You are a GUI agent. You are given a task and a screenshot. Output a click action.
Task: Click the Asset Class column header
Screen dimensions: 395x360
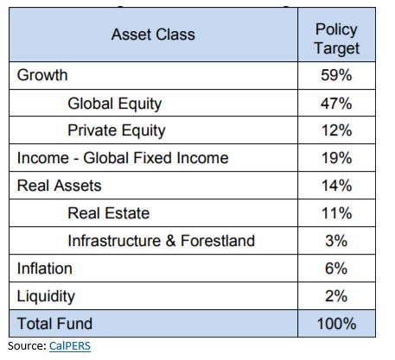(153, 35)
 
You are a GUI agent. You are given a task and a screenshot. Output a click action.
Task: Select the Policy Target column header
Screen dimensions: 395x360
(336, 39)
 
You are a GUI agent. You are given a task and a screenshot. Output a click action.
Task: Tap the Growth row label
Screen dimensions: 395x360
(42, 75)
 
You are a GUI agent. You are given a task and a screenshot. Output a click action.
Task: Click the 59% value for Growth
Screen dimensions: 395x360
(336, 75)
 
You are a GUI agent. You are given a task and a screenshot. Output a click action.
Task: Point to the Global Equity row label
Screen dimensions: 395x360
(115, 104)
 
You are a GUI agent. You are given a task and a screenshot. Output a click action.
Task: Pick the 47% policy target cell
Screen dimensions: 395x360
(336, 104)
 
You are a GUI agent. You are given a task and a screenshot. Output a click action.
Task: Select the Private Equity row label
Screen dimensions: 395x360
(117, 130)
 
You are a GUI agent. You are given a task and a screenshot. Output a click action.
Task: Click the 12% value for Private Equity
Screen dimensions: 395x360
(336, 130)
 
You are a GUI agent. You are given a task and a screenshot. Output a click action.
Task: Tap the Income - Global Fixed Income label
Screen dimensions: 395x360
(123, 158)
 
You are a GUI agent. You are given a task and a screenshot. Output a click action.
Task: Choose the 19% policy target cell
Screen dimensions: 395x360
(336, 158)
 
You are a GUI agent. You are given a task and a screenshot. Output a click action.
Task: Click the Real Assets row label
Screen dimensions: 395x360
(59, 186)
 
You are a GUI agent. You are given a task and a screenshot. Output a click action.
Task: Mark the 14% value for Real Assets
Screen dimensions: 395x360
(336, 186)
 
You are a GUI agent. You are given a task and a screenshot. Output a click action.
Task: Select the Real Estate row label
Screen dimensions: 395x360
(109, 213)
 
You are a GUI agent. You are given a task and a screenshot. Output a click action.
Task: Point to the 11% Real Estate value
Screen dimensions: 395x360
(336, 213)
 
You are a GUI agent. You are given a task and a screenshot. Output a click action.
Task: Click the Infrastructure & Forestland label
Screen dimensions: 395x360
(162, 241)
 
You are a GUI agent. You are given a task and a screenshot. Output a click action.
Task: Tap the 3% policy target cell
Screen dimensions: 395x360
(336, 241)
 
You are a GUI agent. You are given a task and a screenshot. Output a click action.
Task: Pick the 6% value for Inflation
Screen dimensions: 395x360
(336, 268)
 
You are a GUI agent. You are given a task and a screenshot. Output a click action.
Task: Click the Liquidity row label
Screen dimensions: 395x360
(46, 296)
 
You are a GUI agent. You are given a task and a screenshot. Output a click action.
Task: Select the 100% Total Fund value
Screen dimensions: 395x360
(336, 324)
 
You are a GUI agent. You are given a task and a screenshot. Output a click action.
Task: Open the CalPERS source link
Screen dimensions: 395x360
(70, 346)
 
